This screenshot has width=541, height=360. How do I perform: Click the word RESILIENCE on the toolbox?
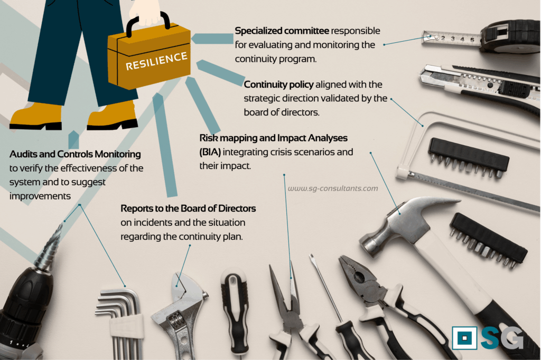click(x=156, y=61)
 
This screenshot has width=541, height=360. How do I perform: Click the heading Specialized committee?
click(x=282, y=31)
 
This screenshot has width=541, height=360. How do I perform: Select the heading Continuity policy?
click(x=278, y=84)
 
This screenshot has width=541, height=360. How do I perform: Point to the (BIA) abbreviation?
click(x=210, y=152)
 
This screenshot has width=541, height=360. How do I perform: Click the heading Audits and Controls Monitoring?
click(x=75, y=154)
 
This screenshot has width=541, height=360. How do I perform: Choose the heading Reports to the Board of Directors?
click(x=188, y=209)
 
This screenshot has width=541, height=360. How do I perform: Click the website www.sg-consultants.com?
click(x=333, y=188)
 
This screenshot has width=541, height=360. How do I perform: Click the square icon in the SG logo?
click(x=464, y=338)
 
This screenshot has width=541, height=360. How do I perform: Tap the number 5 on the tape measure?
click(x=472, y=40)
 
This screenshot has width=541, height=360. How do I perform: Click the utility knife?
click(x=480, y=86)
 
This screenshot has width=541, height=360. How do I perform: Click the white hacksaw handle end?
click(x=402, y=172)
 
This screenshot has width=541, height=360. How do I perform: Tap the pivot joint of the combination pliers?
click(x=360, y=277)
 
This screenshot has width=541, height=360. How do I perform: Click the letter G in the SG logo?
click(x=512, y=338)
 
